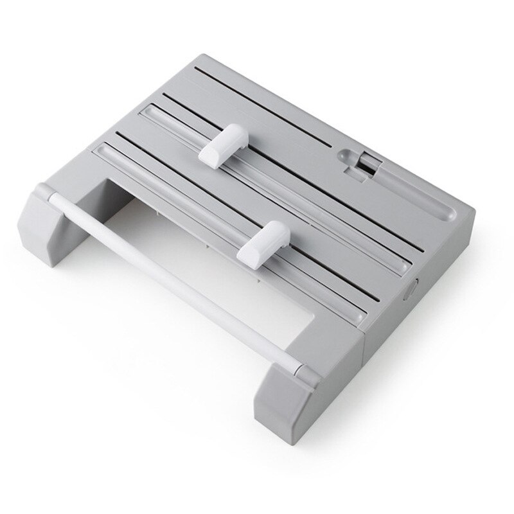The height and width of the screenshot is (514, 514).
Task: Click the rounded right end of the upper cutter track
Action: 405,263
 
